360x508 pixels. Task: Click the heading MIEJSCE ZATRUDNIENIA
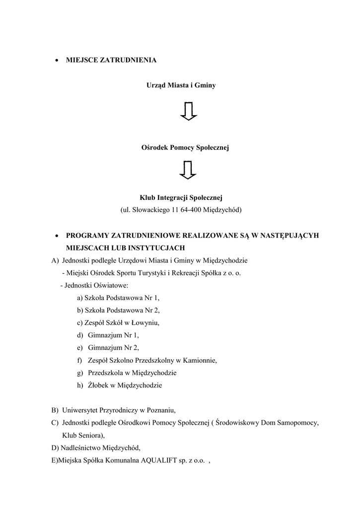point(111,60)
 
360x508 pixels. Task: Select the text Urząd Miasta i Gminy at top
point(181,85)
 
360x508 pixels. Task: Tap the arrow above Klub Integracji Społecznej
point(189,170)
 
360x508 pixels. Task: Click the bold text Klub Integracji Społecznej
point(181,198)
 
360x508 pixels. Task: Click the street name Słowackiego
point(150,210)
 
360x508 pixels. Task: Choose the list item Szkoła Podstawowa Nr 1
point(119,298)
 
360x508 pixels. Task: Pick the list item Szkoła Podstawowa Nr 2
point(119,311)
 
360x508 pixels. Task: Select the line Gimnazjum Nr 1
point(113,335)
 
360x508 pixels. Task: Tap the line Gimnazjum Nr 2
point(113,348)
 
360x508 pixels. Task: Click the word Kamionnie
point(202,360)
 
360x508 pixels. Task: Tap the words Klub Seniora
point(83,435)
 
